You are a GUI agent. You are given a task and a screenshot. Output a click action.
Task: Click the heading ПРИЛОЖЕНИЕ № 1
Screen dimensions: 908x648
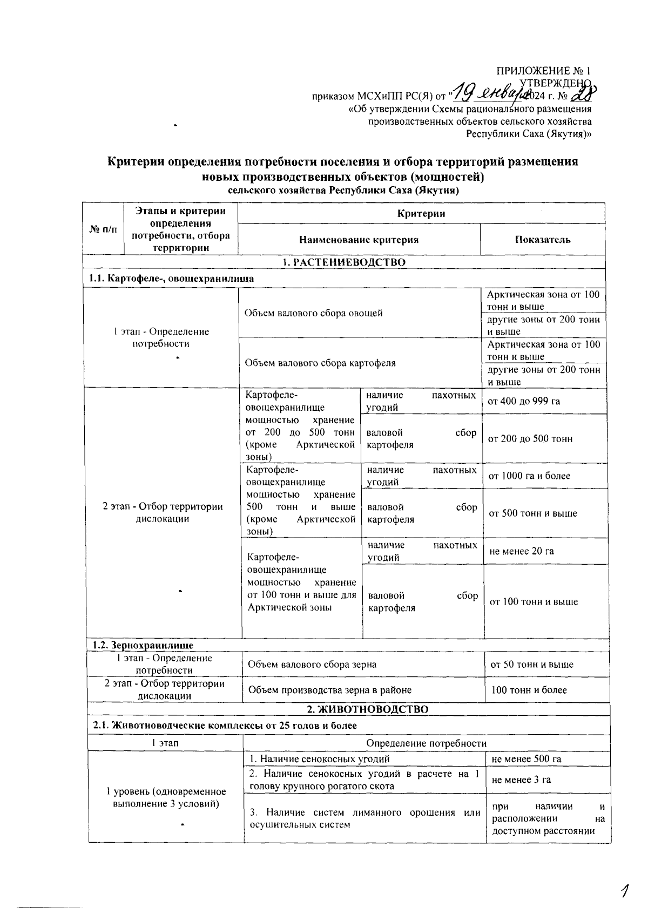(x=544, y=71)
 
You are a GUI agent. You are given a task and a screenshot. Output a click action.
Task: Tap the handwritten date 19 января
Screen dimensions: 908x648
(x=488, y=94)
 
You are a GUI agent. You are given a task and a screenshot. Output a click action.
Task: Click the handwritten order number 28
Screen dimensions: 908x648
(x=583, y=94)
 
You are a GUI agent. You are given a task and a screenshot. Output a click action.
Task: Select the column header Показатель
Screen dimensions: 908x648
(x=542, y=240)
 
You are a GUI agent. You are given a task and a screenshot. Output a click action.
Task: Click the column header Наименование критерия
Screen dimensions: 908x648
(x=359, y=240)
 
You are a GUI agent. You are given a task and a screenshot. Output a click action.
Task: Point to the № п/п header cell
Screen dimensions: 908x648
(x=103, y=229)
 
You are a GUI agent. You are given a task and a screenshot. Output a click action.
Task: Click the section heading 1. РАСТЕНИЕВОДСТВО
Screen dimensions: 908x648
(x=344, y=262)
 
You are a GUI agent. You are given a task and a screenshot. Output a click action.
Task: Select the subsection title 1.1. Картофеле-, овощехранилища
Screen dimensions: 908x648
(x=171, y=279)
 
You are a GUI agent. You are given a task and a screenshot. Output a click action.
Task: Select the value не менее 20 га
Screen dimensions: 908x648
(x=522, y=551)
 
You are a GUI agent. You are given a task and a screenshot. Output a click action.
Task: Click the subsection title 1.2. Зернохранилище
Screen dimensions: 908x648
(x=143, y=645)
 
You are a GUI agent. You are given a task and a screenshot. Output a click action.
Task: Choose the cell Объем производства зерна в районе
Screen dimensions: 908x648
(x=329, y=690)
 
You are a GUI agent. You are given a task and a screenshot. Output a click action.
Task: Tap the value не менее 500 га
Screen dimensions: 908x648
(x=526, y=759)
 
